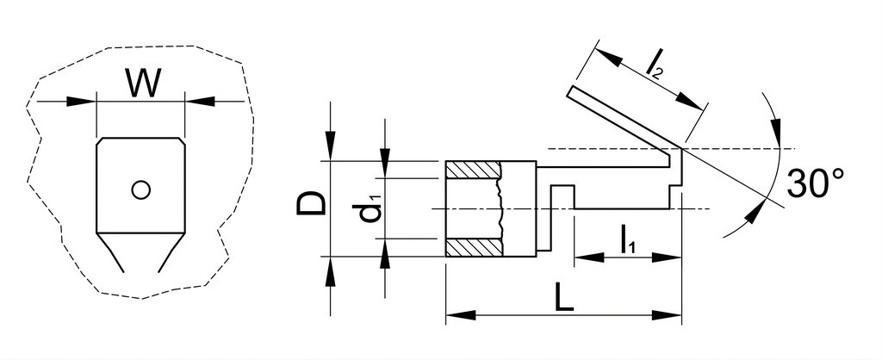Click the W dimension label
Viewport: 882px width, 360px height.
143,83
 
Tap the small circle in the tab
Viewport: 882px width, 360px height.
140,190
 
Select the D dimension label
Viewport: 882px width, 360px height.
311,203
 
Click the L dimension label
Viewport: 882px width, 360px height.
563,297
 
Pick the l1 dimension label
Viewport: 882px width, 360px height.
628,240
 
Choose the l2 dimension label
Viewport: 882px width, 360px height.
655,64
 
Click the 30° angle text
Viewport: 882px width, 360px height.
816,183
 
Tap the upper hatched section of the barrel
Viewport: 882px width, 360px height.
473,169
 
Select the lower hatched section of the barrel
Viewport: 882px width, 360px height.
473,247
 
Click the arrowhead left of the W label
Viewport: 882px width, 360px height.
80,102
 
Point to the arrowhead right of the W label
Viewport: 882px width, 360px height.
200,102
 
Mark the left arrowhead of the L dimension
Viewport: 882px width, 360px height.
461,315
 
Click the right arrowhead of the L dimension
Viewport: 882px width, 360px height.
667,315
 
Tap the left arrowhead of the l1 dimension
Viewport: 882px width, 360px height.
589,258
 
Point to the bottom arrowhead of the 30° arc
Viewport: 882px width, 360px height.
757,212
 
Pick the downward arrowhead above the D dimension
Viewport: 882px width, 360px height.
330,146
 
